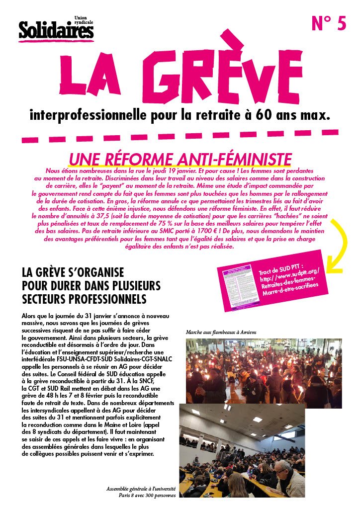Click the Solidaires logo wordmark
(56, 31)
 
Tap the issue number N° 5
(328, 23)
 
